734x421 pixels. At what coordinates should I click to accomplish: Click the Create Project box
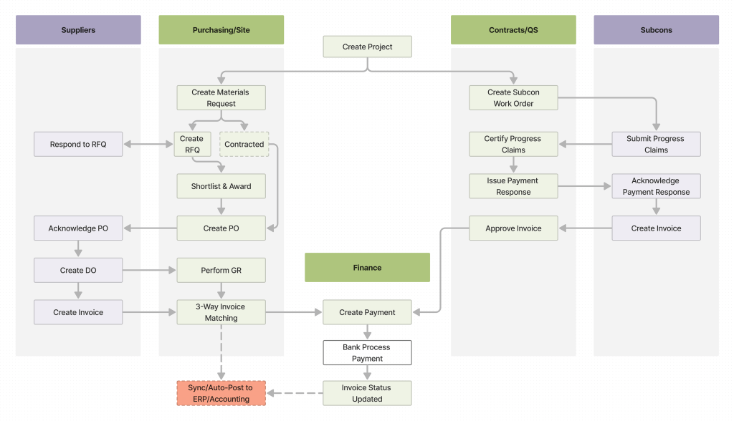[x=367, y=47]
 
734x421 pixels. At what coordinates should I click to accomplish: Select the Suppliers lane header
[x=78, y=30]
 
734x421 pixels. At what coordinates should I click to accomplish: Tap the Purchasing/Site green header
[x=221, y=30]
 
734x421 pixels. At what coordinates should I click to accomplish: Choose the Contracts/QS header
[x=513, y=30]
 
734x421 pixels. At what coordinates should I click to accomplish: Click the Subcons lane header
[x=656, y=30]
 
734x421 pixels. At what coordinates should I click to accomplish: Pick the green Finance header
[x=367, y=267]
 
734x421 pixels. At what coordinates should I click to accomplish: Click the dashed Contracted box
[x=244, y=145]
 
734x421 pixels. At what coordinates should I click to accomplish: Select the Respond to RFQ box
[x=78, y=145]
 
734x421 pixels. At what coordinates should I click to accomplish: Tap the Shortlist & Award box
[x=221, y=186]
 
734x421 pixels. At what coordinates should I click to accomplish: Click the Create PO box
[x=221, y=228]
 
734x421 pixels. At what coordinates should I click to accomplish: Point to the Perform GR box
[x=221, y=271]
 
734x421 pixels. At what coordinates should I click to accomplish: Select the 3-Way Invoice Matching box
[x=221, y=312]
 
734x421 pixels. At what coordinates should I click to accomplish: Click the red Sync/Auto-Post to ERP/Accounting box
[x=221, y=393]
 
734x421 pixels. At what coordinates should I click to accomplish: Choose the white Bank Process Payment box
[x=367, y=352]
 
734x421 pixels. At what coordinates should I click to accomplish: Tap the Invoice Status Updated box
[x=367, y=393]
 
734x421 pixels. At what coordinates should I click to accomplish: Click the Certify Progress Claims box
[x=513, y=145]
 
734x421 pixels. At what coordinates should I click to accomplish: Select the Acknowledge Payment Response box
[x=656, y=186]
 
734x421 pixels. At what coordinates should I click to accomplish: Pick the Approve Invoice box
[x=513, y=228]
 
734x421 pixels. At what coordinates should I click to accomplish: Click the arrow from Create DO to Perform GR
[x=149, y=271]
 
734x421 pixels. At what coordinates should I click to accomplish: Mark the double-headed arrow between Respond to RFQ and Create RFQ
[x=148, y=145]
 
